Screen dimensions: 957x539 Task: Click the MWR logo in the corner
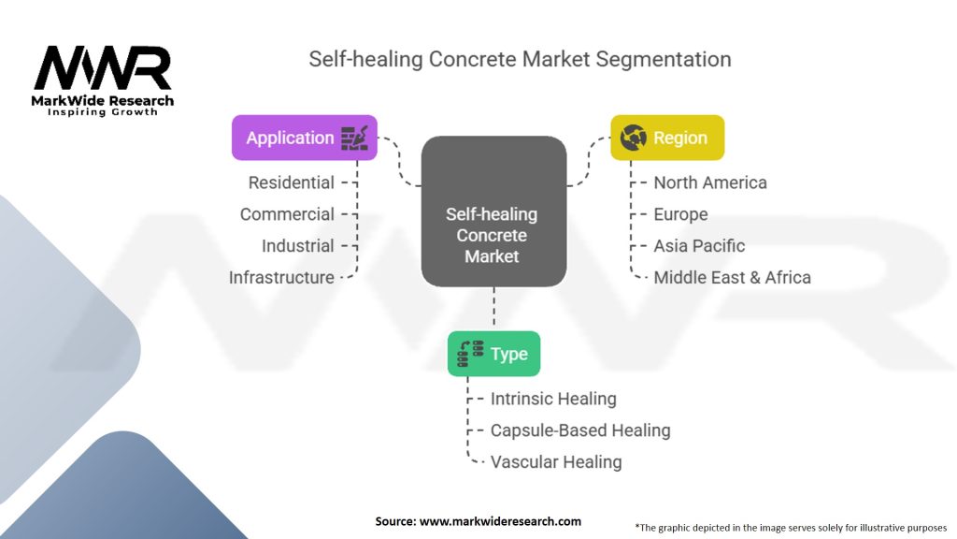(103, 80)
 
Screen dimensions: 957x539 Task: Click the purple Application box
(305, 138)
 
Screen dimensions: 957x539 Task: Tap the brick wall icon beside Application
(354, 138)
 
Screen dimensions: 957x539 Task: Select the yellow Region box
(667, 138)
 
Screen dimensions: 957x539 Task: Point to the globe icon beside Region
(633, 138)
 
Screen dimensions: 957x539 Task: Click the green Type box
(493, 354)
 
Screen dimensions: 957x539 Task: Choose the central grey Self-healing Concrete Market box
(493, 211)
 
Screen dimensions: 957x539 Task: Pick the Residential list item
(292, 182)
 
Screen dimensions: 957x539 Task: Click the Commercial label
(287, 214)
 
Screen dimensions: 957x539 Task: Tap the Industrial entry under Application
(298, 246)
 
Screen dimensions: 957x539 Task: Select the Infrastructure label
(281, 277)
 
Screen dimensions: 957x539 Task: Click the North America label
(710, 182)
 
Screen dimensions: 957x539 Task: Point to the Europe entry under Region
(680, 214)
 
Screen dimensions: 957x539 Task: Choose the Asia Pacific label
(699, 246)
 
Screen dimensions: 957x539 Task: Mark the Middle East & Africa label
(733, 277)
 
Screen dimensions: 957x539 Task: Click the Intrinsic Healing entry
(553, 399)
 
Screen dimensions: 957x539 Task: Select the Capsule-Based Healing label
(580, 430)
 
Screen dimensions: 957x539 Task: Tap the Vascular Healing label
(556, 462)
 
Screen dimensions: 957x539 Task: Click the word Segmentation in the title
(664, 60)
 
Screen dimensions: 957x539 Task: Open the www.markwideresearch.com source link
(500, 521)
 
